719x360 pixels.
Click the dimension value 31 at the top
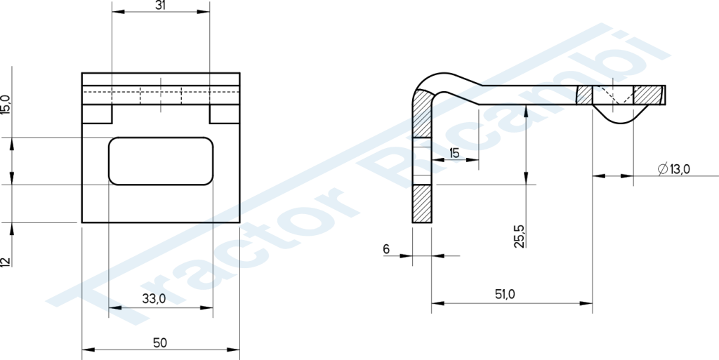coord(161,5)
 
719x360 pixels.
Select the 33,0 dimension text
coord(154,299)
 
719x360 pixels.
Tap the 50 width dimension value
coord(160,342)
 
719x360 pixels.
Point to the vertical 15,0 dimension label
coord(5,105)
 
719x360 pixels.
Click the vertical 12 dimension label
coord(5,262)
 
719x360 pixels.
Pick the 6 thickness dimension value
coord(386,249)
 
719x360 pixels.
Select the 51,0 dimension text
coord(505,295)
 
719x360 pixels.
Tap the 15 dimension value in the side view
coord(454,153)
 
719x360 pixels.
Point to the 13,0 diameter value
coord(680,169)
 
